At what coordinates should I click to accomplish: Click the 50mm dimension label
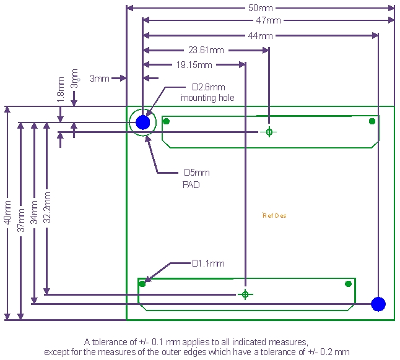(261, 8)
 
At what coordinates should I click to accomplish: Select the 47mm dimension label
(268, 20)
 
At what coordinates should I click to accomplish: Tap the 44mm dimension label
(261, 36)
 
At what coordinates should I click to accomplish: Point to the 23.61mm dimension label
(206, 50)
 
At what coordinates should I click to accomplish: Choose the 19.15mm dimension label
(194, 65)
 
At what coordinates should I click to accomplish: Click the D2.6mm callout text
(209, 87)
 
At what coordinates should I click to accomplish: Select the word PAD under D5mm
(191, 185)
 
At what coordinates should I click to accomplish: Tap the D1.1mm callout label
(208, 264)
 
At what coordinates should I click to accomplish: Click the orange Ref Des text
(274, 215)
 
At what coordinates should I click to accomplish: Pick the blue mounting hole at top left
(143, 122)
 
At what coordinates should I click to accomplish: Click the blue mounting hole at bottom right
(378, 304)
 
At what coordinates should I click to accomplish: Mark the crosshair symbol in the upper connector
(269, 132)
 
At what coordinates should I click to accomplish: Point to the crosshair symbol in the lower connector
(245, 294)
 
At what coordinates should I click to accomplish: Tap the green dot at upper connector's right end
(372, 121)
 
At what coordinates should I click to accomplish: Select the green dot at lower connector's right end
(348, 284)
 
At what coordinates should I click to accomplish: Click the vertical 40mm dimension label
(7, 212)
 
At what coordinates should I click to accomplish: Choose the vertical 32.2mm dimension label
(47, 207)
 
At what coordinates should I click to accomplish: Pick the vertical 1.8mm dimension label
(61, 90)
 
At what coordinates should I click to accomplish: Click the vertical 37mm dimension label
(21, 220)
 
